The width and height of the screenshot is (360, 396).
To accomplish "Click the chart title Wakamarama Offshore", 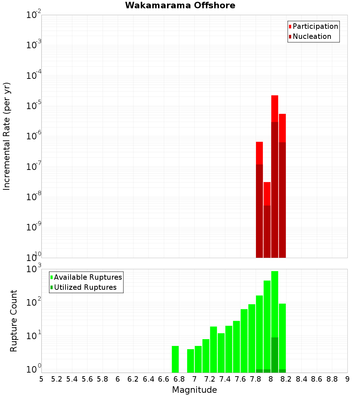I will pyautogui.click(x=180, y=5).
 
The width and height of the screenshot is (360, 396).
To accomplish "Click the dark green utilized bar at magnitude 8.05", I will pyautogui.click(x=275, y=355).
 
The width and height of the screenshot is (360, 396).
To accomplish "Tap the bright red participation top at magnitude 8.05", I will pyautogui.click(x=275, y=108).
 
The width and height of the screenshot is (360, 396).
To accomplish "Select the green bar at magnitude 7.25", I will pyautogui.click(x=213, y=349).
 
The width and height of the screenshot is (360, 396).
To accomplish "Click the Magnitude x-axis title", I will pyautogui.click(x=194, y=390).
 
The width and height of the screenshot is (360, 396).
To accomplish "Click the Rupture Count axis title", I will pyautogui.click(x=14, y=321).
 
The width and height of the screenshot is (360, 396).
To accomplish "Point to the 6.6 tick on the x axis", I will pyautogui.click(x=164, y=379).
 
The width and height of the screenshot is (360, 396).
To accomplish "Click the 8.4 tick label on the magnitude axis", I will pyautogui.click(x=301, y=379).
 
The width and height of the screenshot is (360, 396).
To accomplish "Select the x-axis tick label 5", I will pyautogui.click(x=41, y=379).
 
